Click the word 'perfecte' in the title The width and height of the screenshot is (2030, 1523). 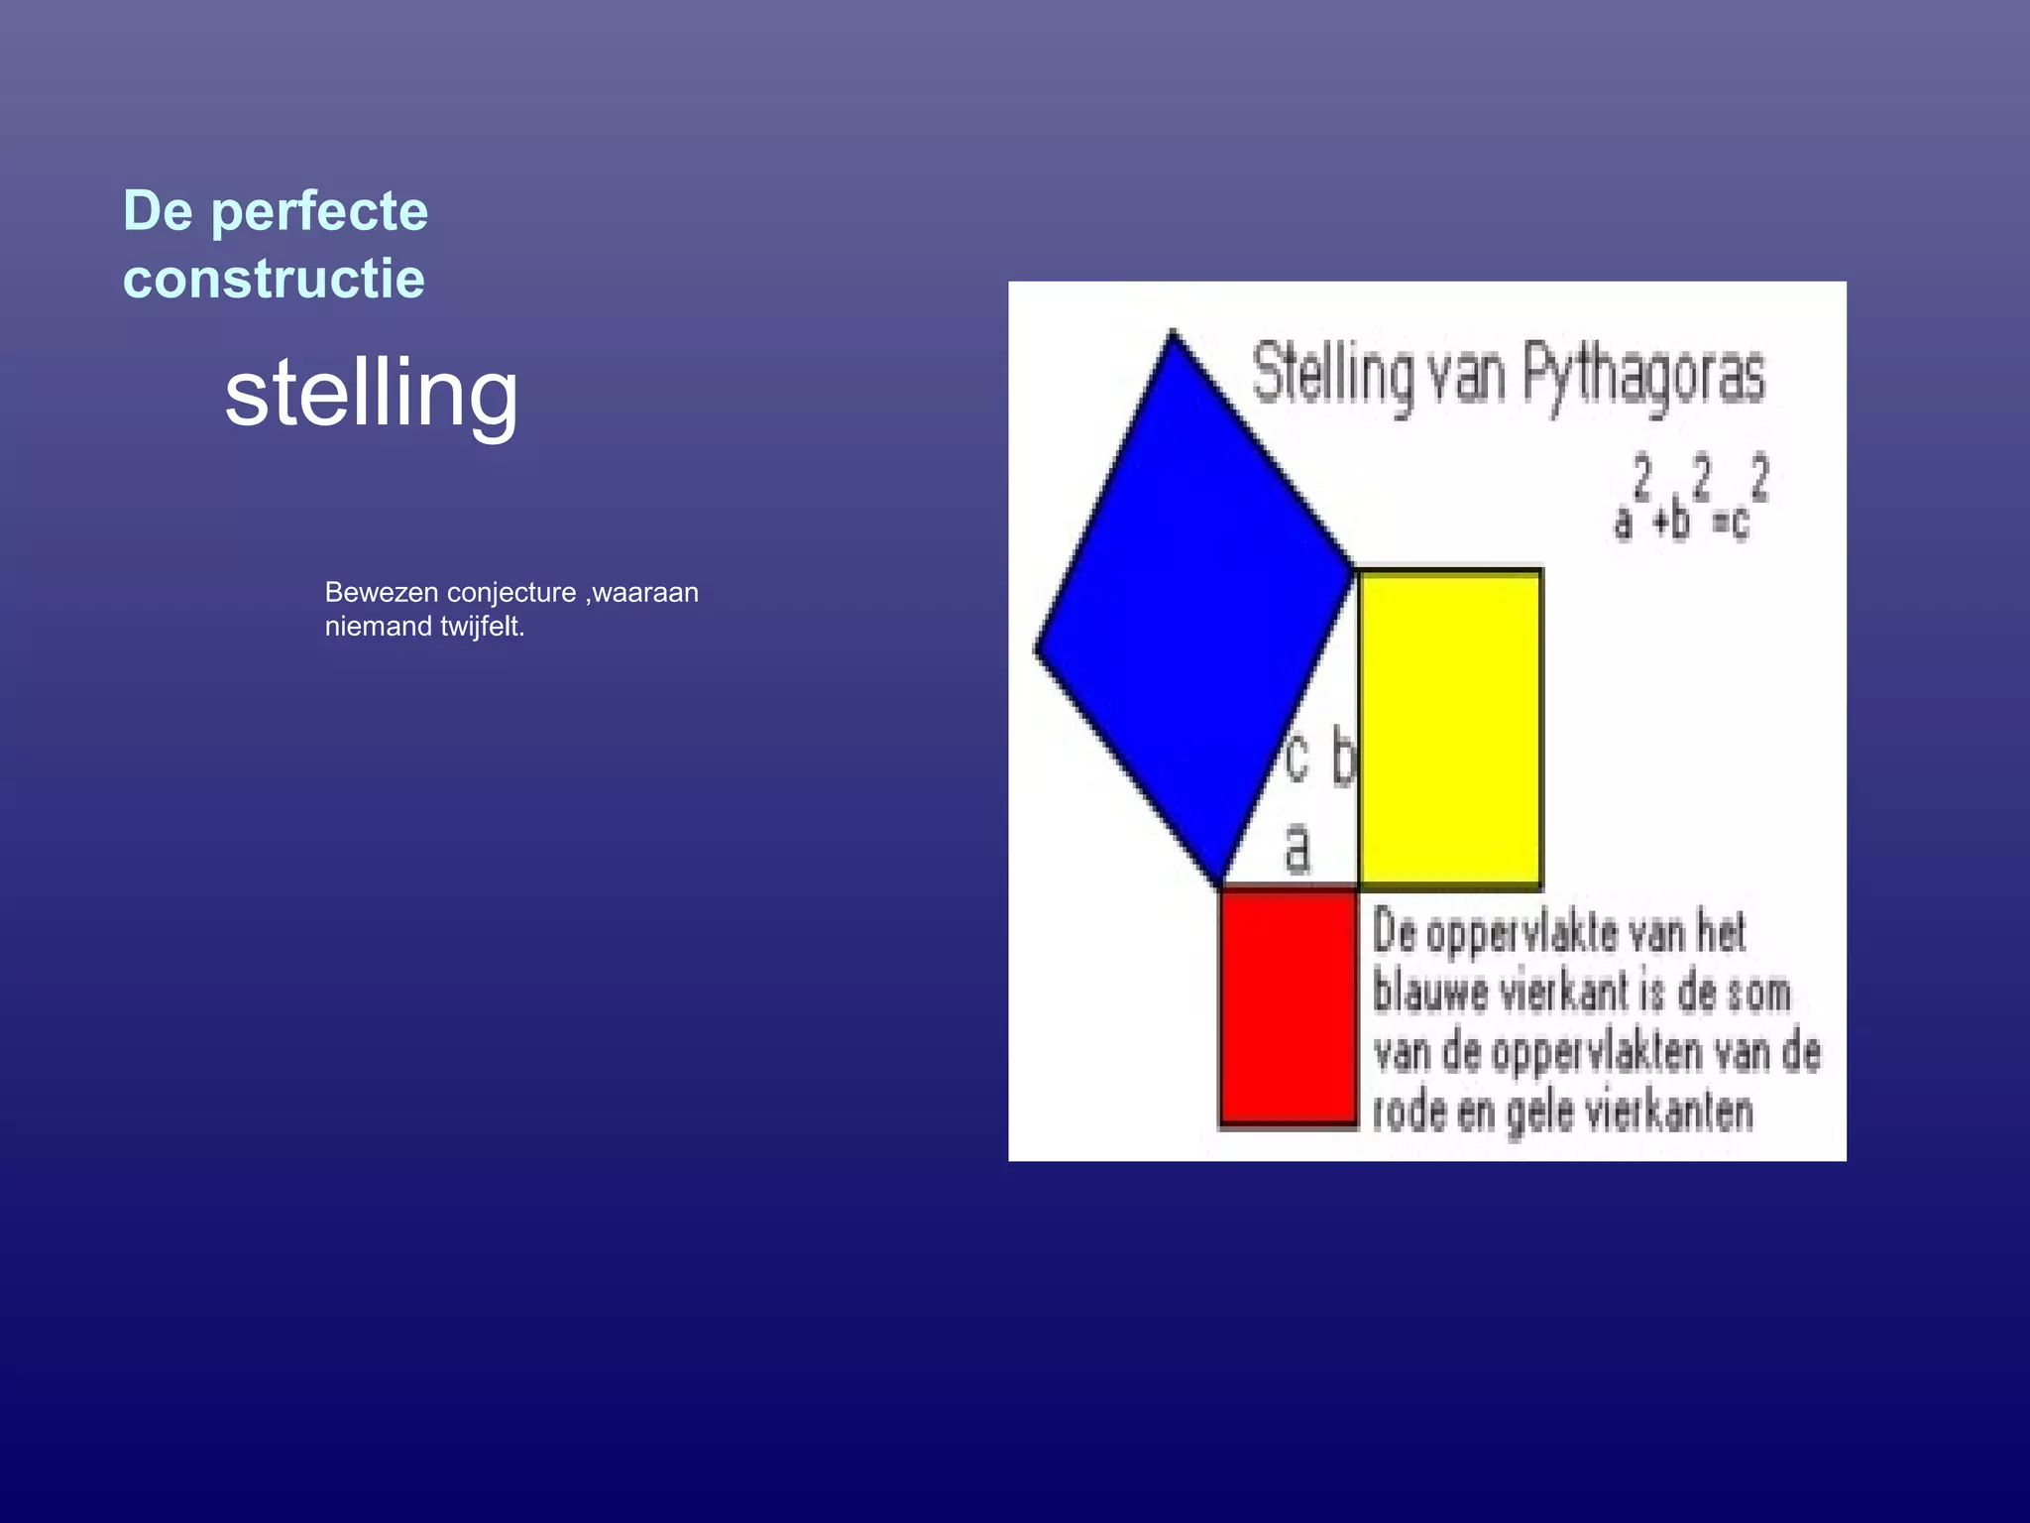(319, 212)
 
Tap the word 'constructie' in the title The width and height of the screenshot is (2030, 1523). (274, 279)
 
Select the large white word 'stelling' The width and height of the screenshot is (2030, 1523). (372, 395)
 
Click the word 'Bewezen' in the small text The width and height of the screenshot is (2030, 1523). (382, 593)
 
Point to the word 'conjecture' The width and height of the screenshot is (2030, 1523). (511, 593)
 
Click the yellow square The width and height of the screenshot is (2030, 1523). (1449, 727)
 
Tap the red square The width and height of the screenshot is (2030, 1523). (1288, 1006)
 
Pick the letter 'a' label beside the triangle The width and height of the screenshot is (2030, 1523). (1297, 849)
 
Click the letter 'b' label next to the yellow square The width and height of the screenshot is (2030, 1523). (1342, 758)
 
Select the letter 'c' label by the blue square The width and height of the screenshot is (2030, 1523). (1297, 760)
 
